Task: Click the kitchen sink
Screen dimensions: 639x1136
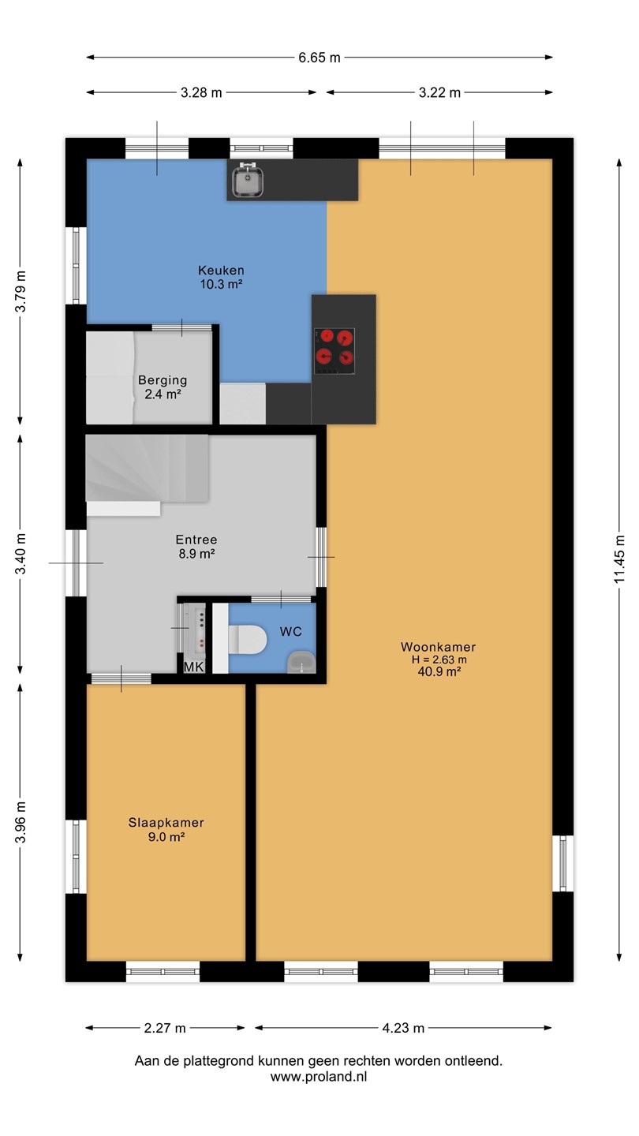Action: (x=248, y=180)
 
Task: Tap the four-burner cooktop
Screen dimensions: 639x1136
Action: (x=334, y=351)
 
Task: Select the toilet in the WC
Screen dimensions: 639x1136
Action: (x=247, y=639)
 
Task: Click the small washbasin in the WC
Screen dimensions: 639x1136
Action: (x=301, y=662)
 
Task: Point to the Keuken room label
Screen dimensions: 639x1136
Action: (x=221, y=271)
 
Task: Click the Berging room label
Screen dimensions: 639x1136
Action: (x=163, y=380)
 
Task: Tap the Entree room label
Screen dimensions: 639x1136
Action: (x=196, y=540)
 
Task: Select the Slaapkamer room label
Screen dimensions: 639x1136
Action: (x=166, y=823)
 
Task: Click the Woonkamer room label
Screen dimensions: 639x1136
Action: (x=438, y=647)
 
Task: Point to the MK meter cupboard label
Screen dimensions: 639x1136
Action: (x=194, y=667)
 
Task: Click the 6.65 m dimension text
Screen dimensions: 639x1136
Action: (x=319, y=58)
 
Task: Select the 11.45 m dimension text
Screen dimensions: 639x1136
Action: (x=619, y=559)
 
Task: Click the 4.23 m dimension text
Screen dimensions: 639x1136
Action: (x=403, y=1028)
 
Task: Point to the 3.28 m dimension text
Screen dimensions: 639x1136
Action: (x=201, y=93)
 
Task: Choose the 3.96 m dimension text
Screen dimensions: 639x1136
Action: (x=21, y=822)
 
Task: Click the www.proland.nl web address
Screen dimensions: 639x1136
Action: (x=319, y=1077)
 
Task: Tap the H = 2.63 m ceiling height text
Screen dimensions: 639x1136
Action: (x=439, y=660)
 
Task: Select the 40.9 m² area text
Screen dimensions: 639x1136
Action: (x=439, y=671)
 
